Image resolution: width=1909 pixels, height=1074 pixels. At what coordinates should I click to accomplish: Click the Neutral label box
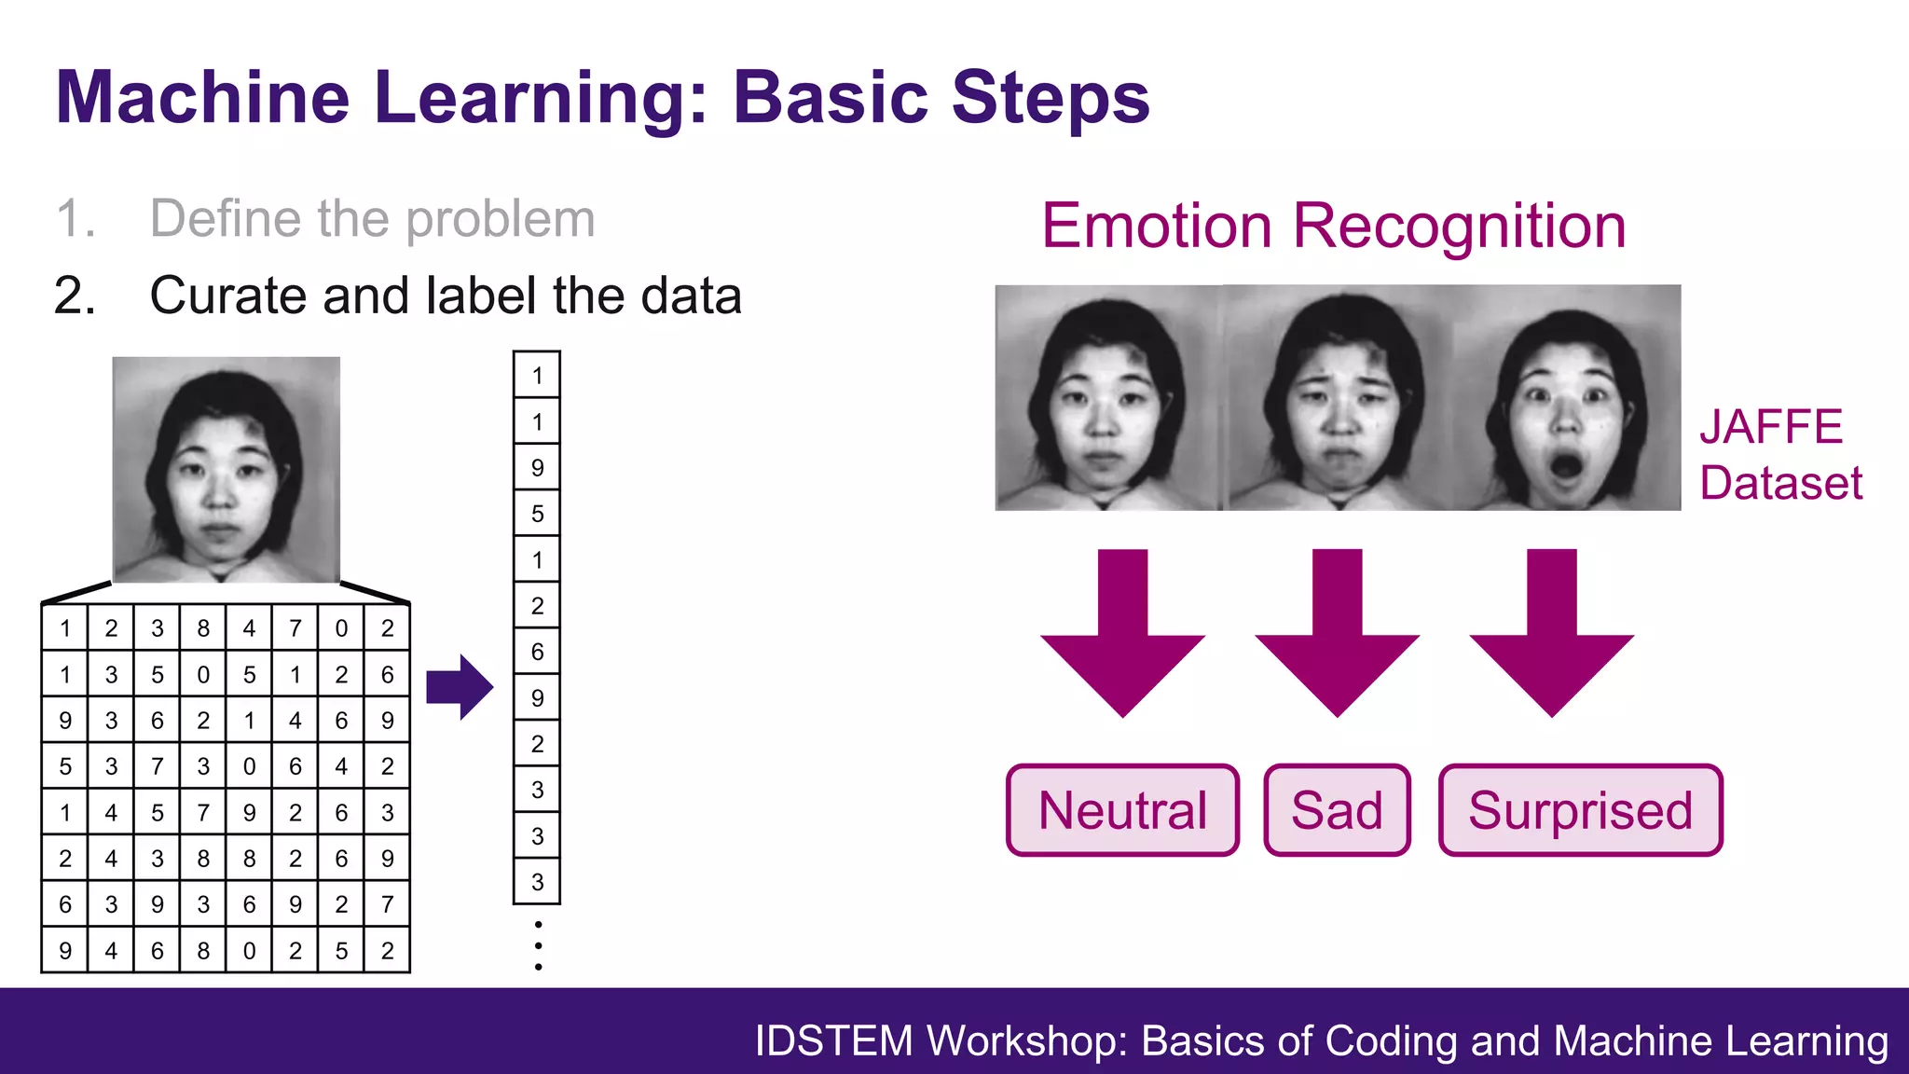click(x=1122, y=810)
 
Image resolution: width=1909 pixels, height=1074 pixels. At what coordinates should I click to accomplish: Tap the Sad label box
click(x=1337, y=810)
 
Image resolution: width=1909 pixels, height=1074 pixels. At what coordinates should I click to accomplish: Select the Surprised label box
click(x=1580, y=810)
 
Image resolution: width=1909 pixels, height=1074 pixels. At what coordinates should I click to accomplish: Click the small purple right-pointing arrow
click(x=460, y=687)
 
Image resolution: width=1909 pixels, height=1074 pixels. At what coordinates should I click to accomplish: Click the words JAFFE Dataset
click(x=1779, y=455)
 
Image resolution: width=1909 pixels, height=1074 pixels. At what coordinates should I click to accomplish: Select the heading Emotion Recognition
click(x=1333, y=226)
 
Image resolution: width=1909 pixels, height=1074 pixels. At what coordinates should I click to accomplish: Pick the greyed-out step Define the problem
click(x=372, y=219)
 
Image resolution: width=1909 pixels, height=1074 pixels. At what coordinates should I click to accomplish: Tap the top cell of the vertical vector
click(x=537, y=376)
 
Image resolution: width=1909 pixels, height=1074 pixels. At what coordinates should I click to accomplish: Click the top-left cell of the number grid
click(x=65, y=628)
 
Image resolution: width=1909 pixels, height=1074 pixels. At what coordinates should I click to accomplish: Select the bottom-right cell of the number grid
click(x=387, y=950)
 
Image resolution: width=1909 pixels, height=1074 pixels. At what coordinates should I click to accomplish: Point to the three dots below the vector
click(x=538, y=945)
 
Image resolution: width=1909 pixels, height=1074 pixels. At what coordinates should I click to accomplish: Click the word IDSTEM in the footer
click(x=833, y=1041)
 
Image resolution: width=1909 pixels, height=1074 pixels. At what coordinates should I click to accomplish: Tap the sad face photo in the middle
click(x=1339, y=398)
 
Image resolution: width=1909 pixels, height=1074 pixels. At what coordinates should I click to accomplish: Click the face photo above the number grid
click(x=227, y=469)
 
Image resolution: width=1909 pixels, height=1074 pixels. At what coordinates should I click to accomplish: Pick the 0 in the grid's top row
click(x=341, y=628)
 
